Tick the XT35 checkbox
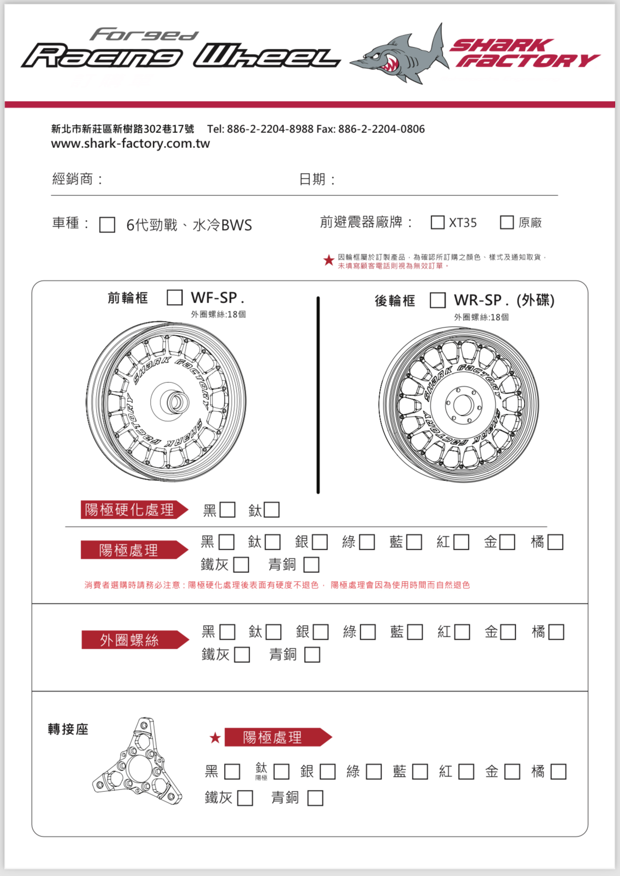(x=437, y=222)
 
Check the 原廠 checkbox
(x=507, y=222)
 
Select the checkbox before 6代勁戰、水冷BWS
(x=107, y=225)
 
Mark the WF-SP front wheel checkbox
(x=174, y=297)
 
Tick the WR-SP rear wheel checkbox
(x=437, y=300)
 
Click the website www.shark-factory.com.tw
(x=130, y=144)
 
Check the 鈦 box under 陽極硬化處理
(x=271, y=510)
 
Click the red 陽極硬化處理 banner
(x=133, y=510)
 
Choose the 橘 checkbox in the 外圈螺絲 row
(x=556, y=632)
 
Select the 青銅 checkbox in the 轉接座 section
(x=315, y=798)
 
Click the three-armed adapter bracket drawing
(x=138, y=764)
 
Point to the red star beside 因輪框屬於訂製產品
(x=329, y=261)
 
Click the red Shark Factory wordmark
(x=524, y=53)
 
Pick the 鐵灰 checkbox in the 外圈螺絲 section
(x=242, y=655)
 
